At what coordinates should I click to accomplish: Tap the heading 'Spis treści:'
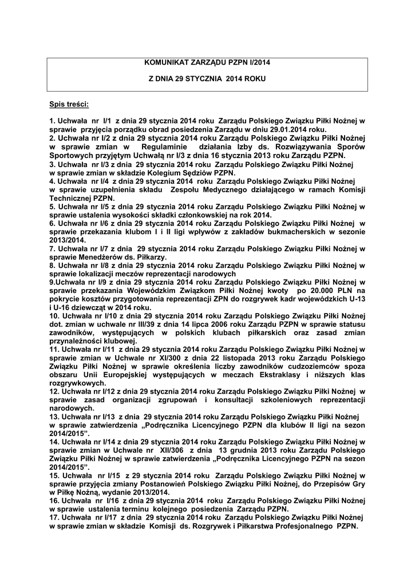[x=69, y=104]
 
